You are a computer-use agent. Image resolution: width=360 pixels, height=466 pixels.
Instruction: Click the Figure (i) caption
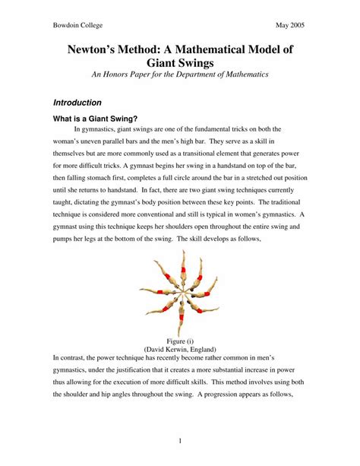[180, 341]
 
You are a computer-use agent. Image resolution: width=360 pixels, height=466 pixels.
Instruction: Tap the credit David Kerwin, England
[180, 348]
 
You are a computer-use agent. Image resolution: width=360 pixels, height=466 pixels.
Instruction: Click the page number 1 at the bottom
[180, 440]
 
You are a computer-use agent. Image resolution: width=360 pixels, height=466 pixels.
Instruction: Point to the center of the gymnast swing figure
[180, 293]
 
